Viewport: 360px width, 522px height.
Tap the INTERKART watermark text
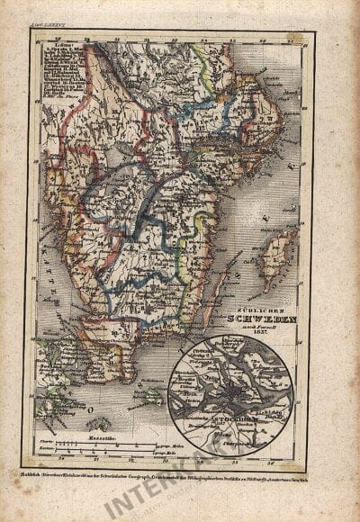(162, 486)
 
